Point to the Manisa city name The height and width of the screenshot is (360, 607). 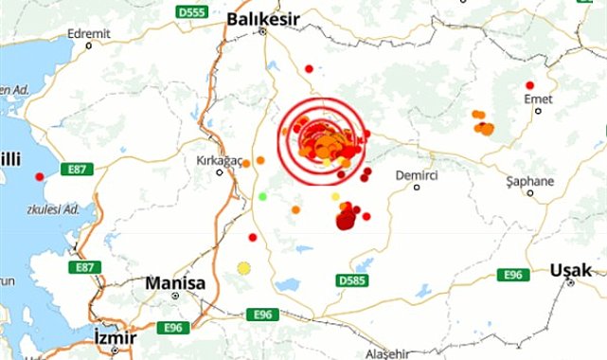pos(175,282)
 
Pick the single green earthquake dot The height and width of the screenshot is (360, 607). pos(263,196)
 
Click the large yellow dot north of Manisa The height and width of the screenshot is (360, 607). pos(244,268)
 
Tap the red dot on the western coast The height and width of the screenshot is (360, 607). pos(40,176)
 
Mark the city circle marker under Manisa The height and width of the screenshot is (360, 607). pos(176,296)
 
